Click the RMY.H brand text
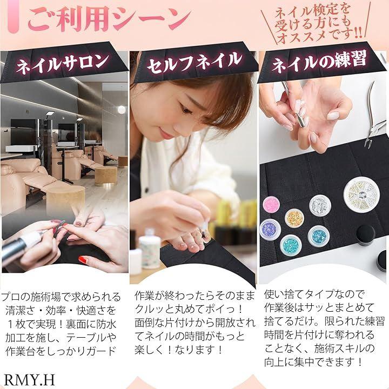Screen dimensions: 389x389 coord(29,379)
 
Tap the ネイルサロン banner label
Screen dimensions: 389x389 coord(62,64)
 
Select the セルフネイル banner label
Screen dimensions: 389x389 coord(194,62)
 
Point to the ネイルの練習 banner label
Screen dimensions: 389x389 coord(319,61)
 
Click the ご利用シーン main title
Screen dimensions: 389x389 coord(109,19)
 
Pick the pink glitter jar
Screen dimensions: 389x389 coord(271,205)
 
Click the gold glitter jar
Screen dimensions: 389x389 coord(294,218)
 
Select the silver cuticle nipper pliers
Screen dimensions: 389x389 coord(373,117)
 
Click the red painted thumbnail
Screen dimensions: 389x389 coord(83,260)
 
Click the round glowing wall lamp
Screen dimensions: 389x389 coord(122,110)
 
